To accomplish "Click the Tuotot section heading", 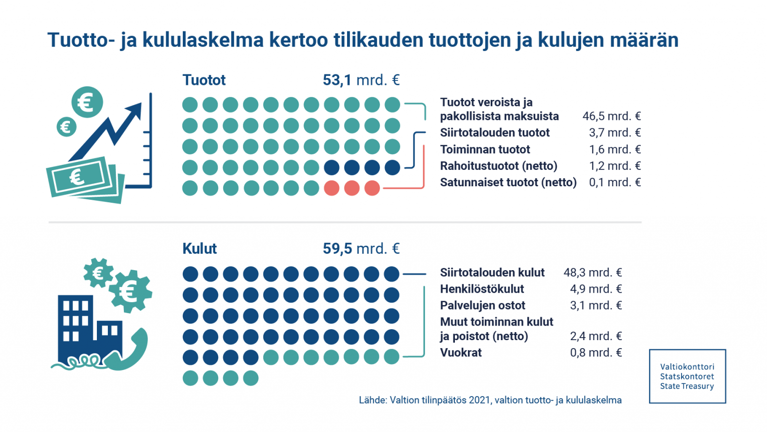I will (204, 80).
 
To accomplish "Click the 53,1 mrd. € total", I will (361, 80).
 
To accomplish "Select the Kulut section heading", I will (199, 248).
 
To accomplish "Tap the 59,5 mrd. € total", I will (361, 248).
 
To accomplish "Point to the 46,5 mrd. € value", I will (611, 116).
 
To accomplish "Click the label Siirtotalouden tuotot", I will (494, 132).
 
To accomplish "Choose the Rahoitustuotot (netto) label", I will (498, 166).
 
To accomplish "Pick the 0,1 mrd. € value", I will (615, 182).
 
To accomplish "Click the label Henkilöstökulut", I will (482, 289).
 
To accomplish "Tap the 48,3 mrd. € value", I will (593, 272).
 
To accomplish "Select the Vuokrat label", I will (460, 353).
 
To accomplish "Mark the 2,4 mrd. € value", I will (596, 336).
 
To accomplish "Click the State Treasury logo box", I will (687, 376).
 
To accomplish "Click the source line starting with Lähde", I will (490, 400).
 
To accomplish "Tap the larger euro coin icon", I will (87, 102).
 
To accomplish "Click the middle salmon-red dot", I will (352, 188).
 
